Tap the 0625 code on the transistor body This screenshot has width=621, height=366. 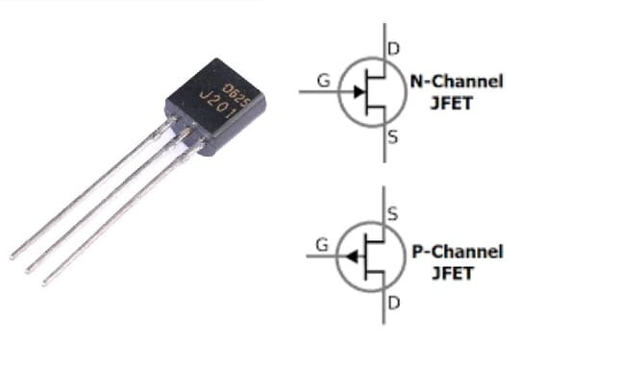pyautogui.click(x=234, y=88)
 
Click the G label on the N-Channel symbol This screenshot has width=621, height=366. pyautogui.click(x=324, y=81)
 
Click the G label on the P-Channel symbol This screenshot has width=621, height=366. pyautogui.click(x=322, y=245)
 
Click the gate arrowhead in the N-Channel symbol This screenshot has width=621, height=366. pyautogui.click(x=358, y=92)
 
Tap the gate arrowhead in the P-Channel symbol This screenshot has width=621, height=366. pyautogui.click(x=353, y=256)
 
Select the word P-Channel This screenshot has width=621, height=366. pyautogui.click(x=457, y=252)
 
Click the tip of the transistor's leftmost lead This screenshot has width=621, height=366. pyautogui.click(x=12, y=256)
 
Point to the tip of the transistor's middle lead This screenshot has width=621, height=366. pyautogui.click(x=28, y=270)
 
